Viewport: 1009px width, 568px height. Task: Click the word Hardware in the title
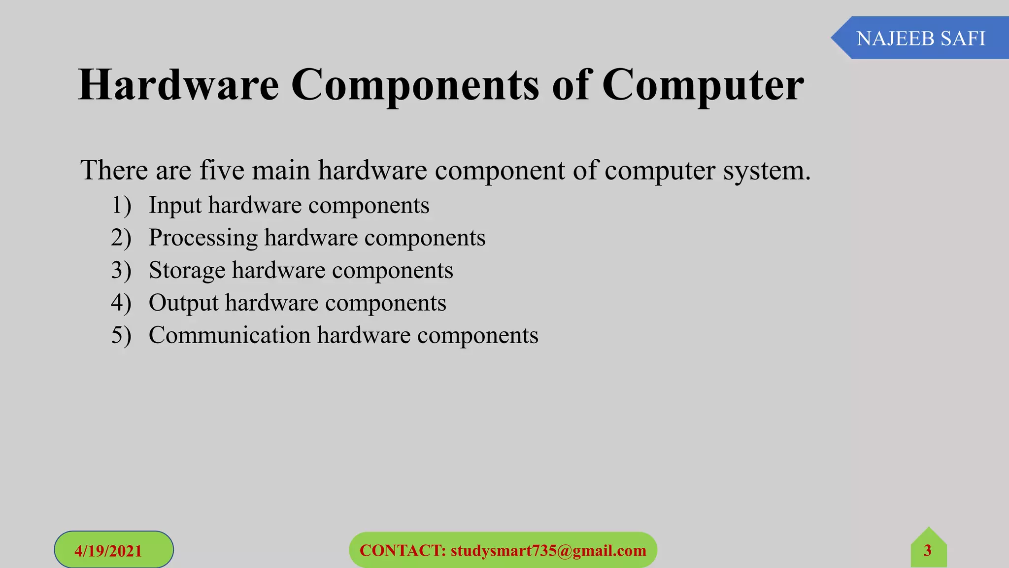(x=178, y=85)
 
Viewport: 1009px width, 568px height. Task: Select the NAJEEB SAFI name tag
(x=920, y=38)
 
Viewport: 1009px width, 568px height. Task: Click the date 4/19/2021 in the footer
(x=108, y=550)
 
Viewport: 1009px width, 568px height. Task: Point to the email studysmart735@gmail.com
(x=548, y=550)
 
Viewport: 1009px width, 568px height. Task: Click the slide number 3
(x=927, y=550)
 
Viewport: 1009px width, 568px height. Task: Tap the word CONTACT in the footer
(x=403, y=550)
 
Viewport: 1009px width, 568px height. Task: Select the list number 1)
(x=121, y=205)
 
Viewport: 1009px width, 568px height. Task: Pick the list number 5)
(x=121, y=335)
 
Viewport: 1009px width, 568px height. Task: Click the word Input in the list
(x=175, y=205)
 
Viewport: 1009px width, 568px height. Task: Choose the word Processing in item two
(x=203, y=238)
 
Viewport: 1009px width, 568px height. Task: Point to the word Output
(x=183, y=303)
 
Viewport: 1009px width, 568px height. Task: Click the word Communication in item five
(x=230, y=335)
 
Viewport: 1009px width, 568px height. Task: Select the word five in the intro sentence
(x=222, y=170)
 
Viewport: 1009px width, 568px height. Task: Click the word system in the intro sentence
(x=766, y=171)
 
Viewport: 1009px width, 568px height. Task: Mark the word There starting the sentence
(x=114, y=170)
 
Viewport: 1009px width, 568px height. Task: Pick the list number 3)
(x=121, y=270)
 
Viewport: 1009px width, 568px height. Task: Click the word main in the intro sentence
(x=281, y=170)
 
